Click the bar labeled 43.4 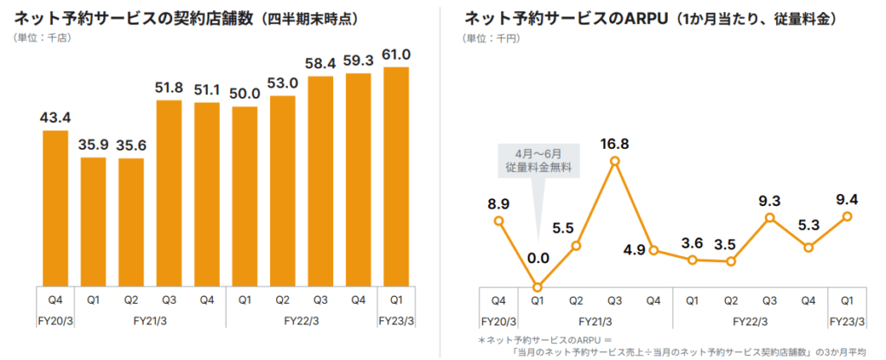(x=55, y=208)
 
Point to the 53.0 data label (x=282, y=82)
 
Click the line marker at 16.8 (x=614, y=161)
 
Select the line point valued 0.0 (x=537, y=287)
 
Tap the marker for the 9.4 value (x=847, y=216)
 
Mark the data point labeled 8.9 (x=499, y=221)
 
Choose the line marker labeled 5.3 (x=808, y=247)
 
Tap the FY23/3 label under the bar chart (x=395, y=320)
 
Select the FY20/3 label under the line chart (x=499, y=320)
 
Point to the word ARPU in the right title (x=658, y=17)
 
